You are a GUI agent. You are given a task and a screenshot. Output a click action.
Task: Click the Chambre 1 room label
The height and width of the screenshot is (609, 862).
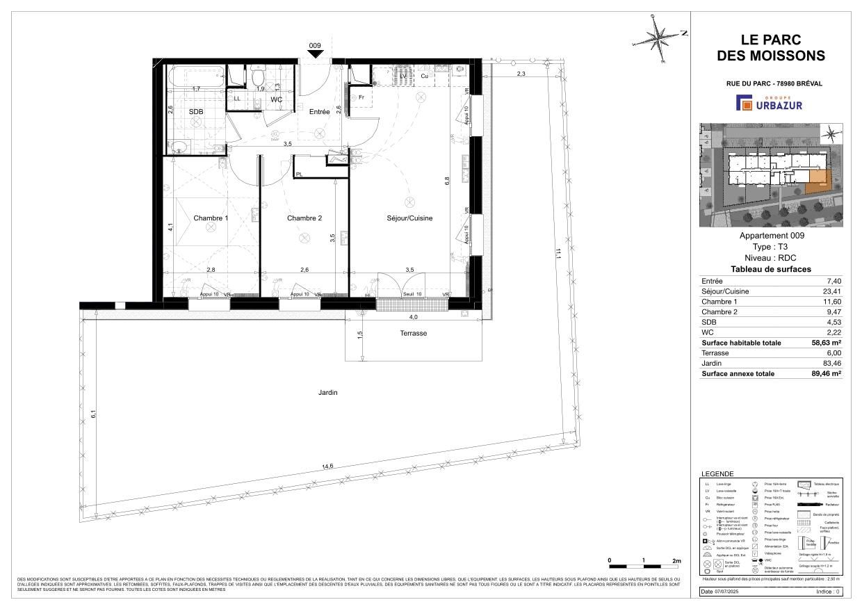coord(211,218)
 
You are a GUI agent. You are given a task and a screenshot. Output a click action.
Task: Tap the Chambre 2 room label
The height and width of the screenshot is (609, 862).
coord(304,218)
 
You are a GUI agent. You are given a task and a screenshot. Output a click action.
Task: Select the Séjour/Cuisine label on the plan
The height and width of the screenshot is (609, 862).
coord(409,218)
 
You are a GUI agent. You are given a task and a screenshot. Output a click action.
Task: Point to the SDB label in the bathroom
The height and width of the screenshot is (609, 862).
coord(196,111)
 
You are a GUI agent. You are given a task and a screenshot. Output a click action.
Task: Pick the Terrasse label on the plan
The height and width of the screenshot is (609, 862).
coord(414,333)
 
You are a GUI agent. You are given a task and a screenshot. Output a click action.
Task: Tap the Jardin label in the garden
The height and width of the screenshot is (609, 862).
coord(328,393)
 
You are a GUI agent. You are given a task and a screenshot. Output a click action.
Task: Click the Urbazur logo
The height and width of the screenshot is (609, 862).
coord(770,104)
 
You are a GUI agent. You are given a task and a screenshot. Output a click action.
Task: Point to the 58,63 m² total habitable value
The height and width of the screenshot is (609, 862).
coord(823,343)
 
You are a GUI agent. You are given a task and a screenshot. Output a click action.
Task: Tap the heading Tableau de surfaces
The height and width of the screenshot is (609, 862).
coord(770,270)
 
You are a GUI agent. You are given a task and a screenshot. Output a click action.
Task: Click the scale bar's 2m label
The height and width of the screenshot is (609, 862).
coord(676,560)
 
